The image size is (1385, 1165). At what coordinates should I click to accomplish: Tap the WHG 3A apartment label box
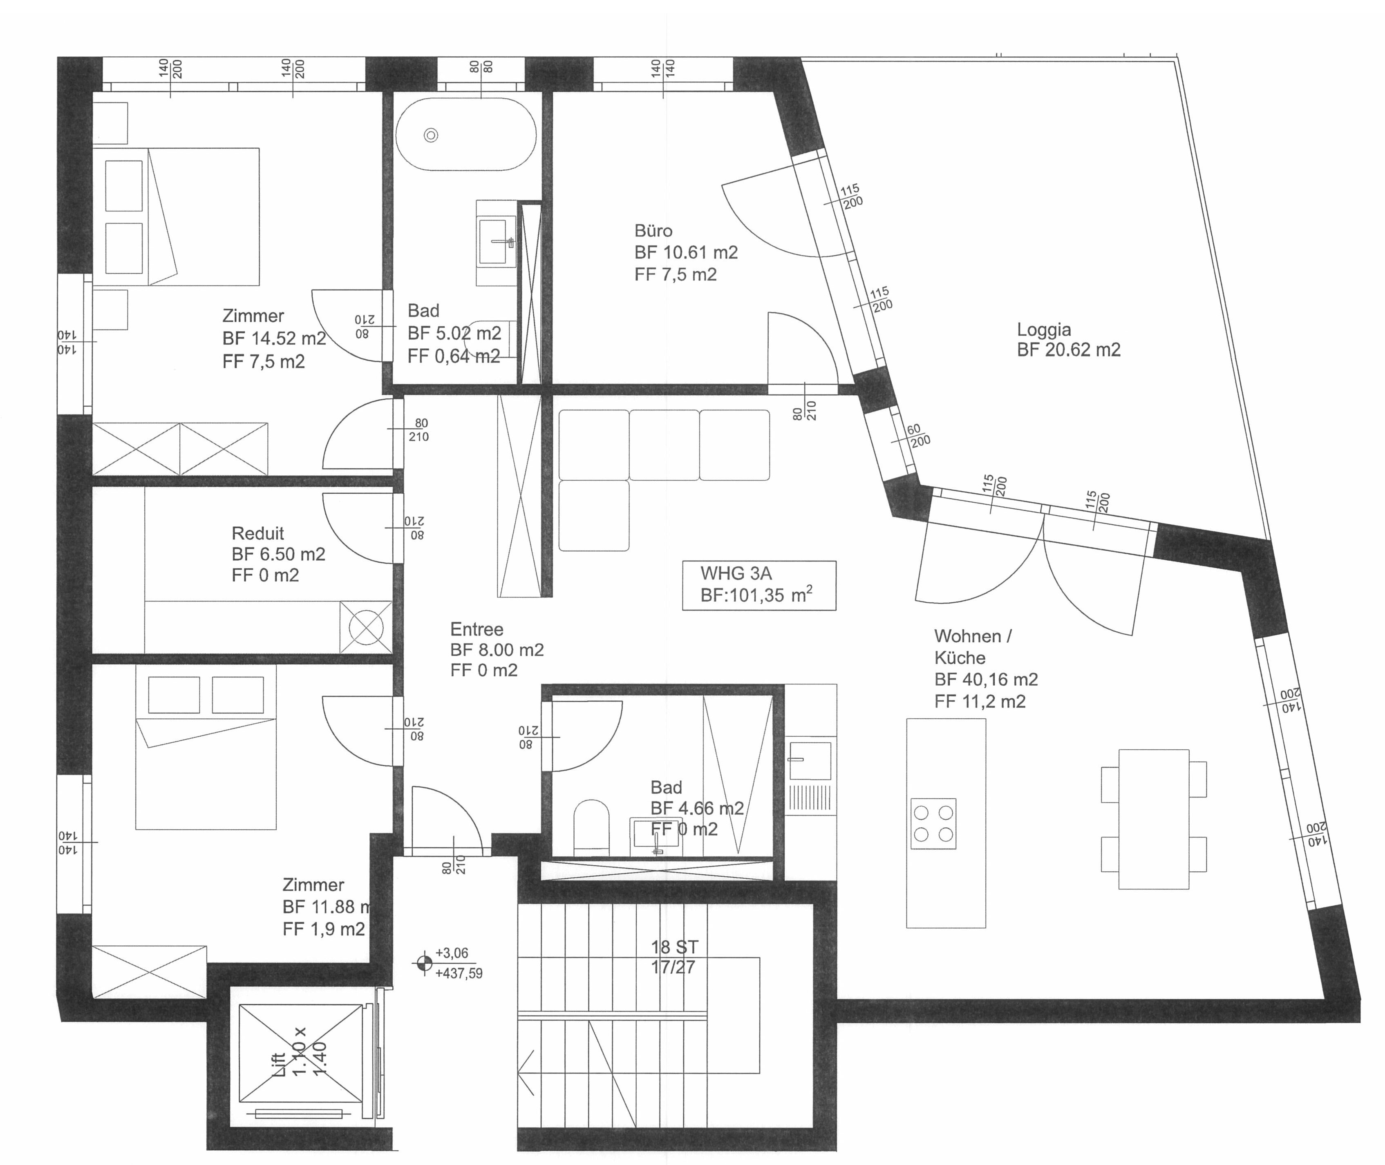[x=759, y=585]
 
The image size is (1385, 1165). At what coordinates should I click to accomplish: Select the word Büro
[x=653, y=230]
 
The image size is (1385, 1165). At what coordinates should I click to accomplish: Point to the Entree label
[x=477, y=629]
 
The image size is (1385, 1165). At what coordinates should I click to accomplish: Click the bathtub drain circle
[x=431, y=136]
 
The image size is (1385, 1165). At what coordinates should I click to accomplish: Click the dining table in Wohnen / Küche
[x=1154, y=819]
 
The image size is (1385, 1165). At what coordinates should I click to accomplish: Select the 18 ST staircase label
[x=674, y=947]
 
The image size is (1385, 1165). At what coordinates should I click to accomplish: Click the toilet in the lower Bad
[x=591, y=826]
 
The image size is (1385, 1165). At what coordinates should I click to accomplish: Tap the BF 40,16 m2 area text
[x=986, y=679]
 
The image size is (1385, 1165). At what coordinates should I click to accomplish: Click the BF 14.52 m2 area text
[x=274, y=338]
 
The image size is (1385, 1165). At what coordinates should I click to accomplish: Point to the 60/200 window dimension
[x=917, y=435]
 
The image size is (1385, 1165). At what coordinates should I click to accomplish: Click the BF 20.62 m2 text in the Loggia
[x=1069, y=350]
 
